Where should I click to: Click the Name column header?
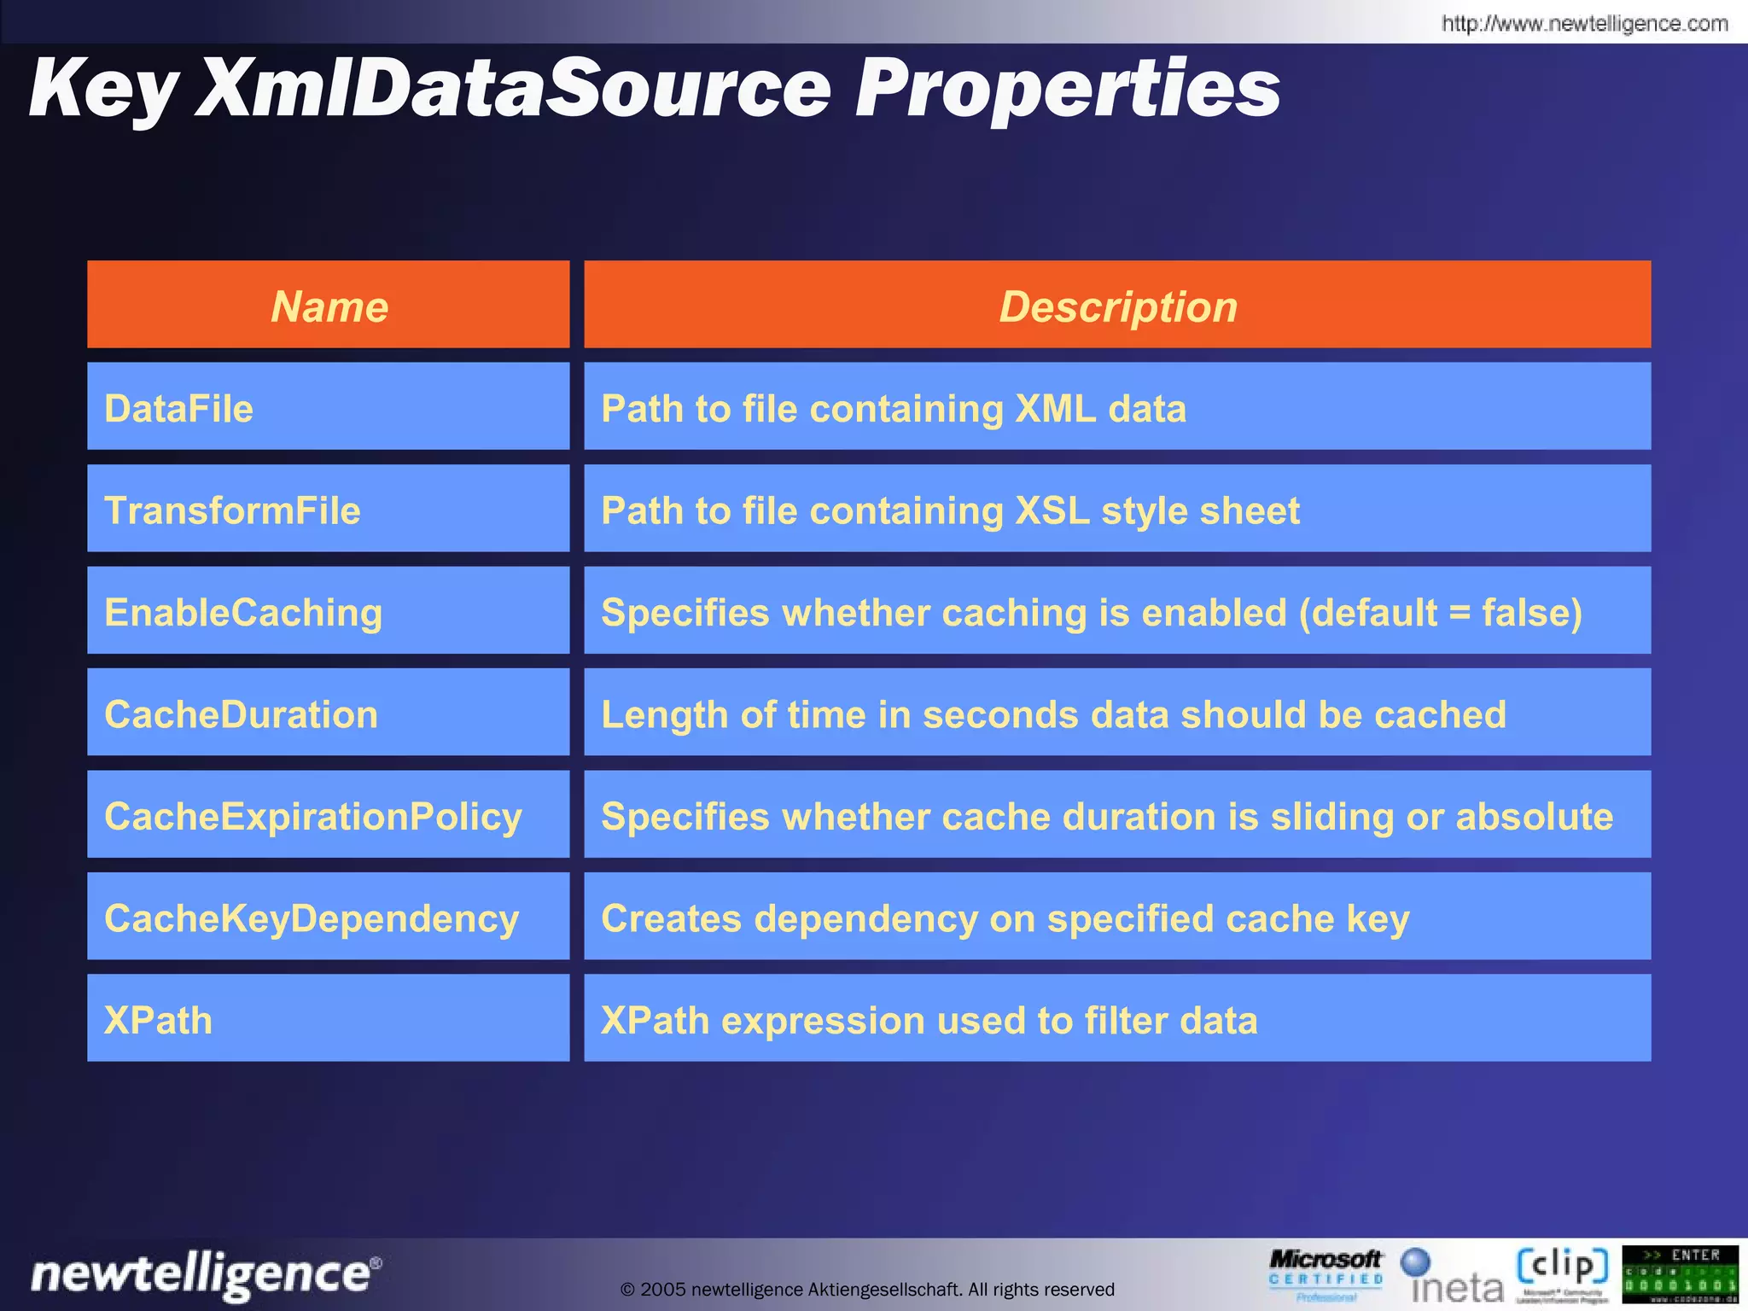[x=329, y=306]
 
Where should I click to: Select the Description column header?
[x=1117, y=306]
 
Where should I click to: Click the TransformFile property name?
[x=232, y=510]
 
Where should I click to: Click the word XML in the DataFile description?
[x=1055, y=408]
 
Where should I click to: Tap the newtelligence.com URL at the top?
[x=1584, y=23]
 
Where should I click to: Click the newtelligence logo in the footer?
[x=205, y=1274]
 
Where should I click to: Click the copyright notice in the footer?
[x=867, y=1289]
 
